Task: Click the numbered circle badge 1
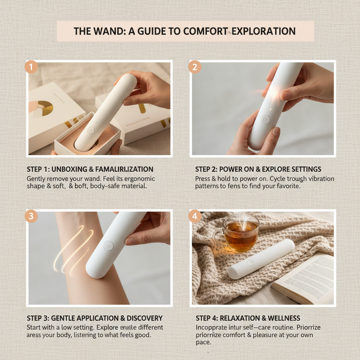point(31,67)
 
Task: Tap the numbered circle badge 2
point(195,67)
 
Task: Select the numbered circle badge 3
point(31,216)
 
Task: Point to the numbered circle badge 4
point(195,216)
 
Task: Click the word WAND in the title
point(103,31)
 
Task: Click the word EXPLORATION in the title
point(263,31)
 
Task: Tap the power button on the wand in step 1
point(91,130)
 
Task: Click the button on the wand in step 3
point(109,245)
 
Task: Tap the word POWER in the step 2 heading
point(230,169)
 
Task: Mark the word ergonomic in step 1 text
point(137,179)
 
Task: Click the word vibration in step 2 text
point(319,179)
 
